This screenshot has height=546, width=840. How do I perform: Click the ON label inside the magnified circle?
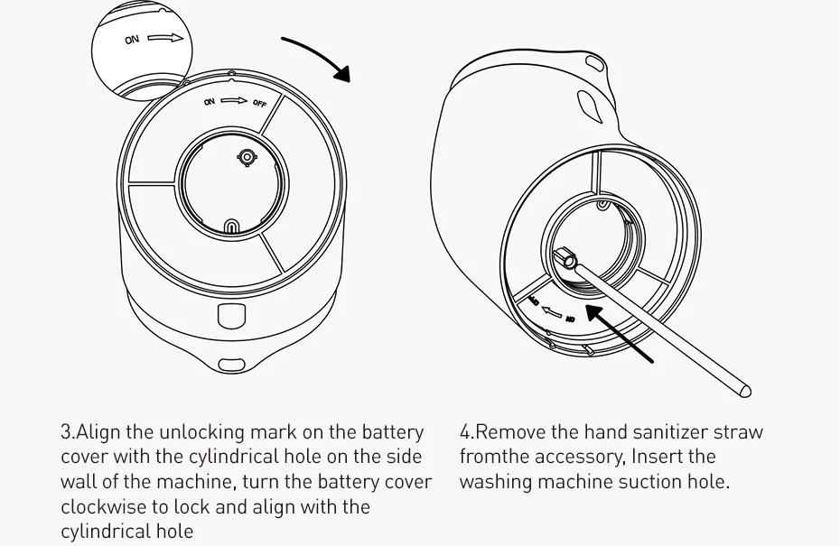(132, 40)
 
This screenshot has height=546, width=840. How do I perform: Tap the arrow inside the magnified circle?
(165, 38)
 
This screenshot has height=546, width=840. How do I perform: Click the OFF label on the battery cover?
(260, 103)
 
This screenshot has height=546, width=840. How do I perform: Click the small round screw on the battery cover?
(247, 157)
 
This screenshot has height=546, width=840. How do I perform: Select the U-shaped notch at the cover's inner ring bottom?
(231, 226)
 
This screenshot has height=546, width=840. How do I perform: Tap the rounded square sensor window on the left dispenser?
(231, 317)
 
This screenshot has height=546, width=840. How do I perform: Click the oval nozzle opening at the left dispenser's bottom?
(232, 366)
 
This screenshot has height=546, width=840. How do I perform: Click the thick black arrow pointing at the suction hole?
(620, 333)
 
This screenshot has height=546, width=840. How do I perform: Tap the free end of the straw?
(744, 392)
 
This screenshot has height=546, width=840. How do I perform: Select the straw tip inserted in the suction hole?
(568, 261)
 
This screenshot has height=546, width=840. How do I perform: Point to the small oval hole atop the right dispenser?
(594, 61)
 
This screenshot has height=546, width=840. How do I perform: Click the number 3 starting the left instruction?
(66, 432)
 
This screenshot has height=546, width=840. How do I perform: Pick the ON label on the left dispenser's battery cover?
(209, 102)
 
